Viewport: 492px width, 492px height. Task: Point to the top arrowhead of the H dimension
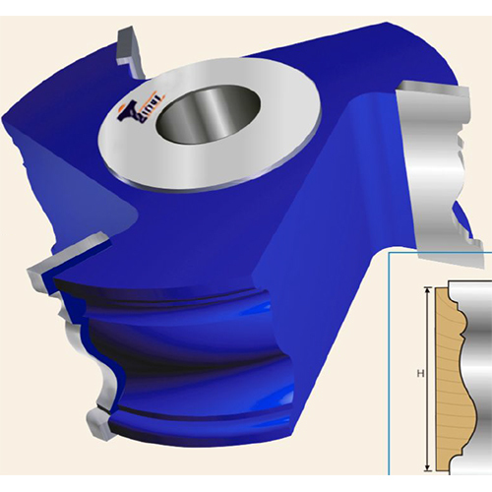426,290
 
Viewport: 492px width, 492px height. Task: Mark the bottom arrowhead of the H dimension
426,466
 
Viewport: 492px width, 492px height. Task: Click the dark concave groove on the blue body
197,364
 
